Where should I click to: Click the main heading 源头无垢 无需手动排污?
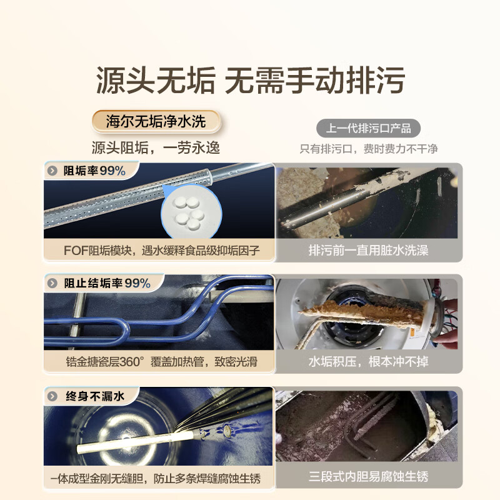(250, 81)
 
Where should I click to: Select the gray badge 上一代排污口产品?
(368, 128)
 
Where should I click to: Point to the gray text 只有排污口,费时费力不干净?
(369, 149)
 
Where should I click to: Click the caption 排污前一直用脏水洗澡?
(369, 250)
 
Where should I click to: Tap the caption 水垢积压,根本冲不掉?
(369, 362)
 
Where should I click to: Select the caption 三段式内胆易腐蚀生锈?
(369, 478)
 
